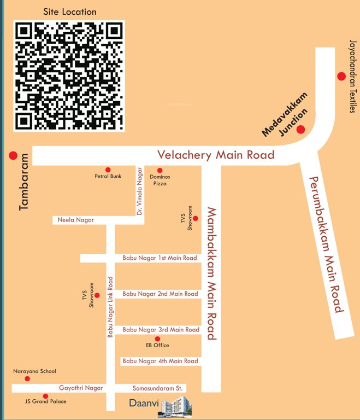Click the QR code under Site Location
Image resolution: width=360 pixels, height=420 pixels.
pos(69,75)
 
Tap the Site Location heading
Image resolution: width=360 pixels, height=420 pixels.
pos(69,11)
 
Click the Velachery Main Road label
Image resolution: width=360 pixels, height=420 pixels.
pos(216,155)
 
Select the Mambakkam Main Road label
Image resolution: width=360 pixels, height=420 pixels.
pos(211,273)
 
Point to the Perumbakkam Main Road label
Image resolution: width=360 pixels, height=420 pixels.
pos(326,244)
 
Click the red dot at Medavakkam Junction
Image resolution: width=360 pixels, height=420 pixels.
pos(300,129)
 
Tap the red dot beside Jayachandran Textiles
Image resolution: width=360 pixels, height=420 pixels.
pos(341,76)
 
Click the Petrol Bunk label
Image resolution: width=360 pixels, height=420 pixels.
pos(108,176)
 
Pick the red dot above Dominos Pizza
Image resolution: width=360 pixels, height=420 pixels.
pos(160,171)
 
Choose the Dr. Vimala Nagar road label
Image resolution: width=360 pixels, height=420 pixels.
pos(140,192)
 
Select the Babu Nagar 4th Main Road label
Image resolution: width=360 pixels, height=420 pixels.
pos(160,361)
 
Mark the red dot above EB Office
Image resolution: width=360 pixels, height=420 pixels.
pos(157,339)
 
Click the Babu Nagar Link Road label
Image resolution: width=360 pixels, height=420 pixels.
pos(110,306)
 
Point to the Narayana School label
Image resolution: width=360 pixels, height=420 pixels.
pos(34,371)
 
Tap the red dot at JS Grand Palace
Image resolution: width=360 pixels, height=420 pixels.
pos(45,396)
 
